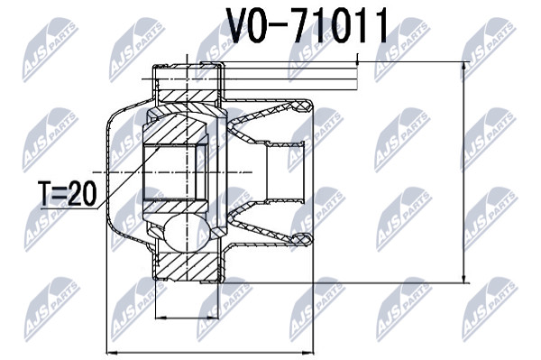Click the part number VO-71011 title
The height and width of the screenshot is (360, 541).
click(307, 26)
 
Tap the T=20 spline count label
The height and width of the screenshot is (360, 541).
click(68, 193)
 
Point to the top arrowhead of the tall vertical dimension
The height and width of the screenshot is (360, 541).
click(464, 68)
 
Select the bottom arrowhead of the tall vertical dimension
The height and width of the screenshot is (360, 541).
click(464, 277)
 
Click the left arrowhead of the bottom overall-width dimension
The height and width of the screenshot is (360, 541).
click(113, 353)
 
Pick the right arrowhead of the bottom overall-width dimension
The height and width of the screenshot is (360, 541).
click(308, 353)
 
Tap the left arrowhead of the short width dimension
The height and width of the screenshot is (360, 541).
click(161, 318)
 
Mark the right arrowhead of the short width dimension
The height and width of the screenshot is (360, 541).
click(213, 318)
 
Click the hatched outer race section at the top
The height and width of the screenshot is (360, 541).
click(189, 96)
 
